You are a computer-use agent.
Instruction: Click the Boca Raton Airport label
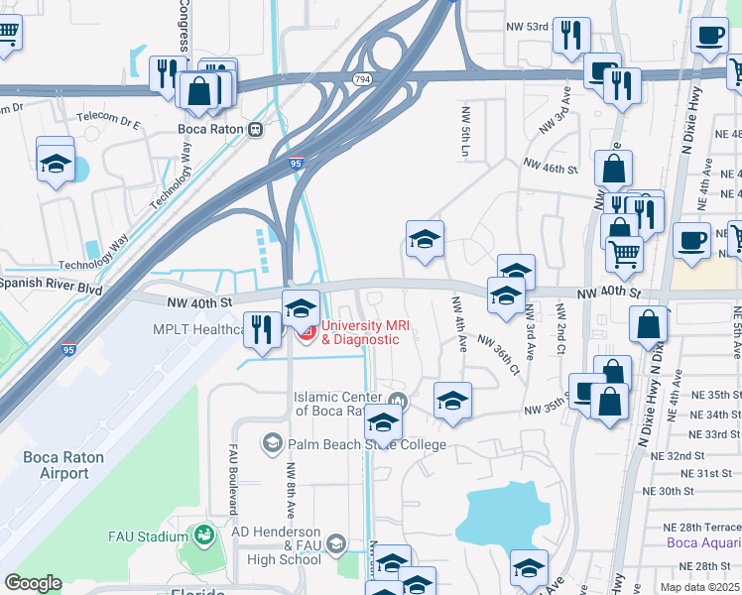click(x=57, y=464)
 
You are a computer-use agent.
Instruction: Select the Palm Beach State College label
click(x=367, y=444)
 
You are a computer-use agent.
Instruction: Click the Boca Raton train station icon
click(x=256, y=128)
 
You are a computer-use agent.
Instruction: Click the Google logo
click(x=33, y=583)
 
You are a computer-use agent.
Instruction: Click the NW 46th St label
click(x=559, y=170)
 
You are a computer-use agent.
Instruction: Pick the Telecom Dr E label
click(x=110, y=126)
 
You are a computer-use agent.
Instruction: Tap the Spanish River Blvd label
click(x=52, y=284)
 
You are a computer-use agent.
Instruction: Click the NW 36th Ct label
click(x=498, y=353)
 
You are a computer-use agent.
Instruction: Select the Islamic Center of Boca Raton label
click(x=342, y=404)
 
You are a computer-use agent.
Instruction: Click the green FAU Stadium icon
click(x=204, y=535)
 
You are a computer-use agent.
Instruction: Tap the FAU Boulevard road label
click(x=234, y=477)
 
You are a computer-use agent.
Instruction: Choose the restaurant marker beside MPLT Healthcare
click(x=262, y=331)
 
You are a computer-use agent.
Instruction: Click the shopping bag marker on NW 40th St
click(x=649, y=325)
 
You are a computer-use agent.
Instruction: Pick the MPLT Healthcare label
click(x=197, y=330)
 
